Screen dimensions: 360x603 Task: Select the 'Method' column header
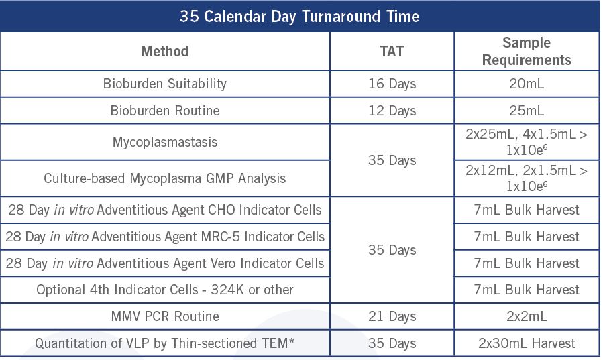tap(165, 51)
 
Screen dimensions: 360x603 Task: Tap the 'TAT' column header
tap(392, 51)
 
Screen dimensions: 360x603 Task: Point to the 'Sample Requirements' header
tap(527, 51)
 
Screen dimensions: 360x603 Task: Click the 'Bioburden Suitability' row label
tap(165, 84)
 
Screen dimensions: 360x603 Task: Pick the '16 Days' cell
tap(392, 84)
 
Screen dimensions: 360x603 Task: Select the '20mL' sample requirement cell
tap(527, 84)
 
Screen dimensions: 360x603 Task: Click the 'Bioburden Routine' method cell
tap(165, 111)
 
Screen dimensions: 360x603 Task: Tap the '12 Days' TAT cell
tap(392, 111)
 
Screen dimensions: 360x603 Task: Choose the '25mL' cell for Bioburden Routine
tap(527, 111)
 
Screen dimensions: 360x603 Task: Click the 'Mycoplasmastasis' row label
tap(165, 142)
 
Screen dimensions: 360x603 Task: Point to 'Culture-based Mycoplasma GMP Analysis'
tap(165, 178)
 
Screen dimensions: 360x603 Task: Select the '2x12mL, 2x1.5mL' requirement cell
tap(527, 178)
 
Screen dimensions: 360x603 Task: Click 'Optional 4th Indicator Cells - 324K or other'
tap(165, 290)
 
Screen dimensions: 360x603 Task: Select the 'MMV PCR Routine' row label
tap(165, 316)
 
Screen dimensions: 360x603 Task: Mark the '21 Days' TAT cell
tap(392, 316)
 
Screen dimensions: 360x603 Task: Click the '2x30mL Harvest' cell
tap(527, 343)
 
